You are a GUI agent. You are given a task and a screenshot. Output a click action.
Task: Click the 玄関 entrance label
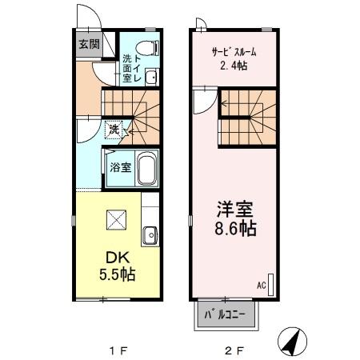(89, 44)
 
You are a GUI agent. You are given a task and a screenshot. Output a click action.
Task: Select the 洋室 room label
(233, 210)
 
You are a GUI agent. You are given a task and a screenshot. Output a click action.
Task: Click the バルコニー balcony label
(227, 314)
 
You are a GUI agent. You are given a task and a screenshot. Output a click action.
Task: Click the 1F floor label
(118, 350)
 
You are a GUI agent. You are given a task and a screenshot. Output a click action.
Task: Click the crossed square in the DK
(116, 218)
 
